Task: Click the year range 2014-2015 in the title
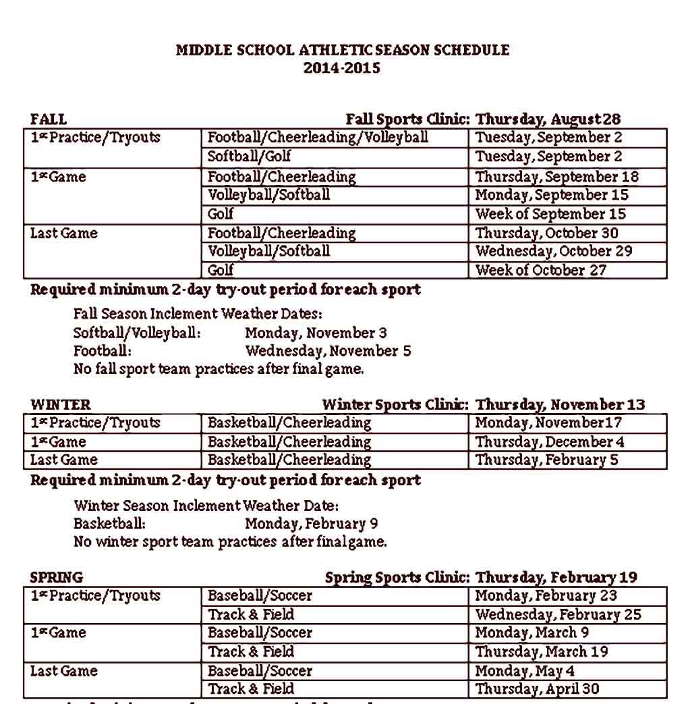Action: pos(341,68)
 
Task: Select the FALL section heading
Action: pos(49,119)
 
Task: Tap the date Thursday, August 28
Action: pos(548,119)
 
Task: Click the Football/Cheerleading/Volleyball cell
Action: pos(317,138)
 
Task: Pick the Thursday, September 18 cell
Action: pos(556,177)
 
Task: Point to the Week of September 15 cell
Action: pos(550,214)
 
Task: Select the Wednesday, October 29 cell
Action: pos(554,251)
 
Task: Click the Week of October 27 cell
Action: pos(541,270)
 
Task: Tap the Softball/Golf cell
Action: pos(249,157)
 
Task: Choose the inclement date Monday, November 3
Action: pos(316,333)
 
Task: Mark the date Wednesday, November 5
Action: pos(328,351)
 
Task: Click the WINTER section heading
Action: pos(60,405)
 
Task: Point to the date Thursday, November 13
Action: pos(560,405)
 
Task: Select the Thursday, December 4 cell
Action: pos(550,442)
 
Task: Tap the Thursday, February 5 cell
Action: pos(546,460)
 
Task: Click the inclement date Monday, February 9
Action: pos(311,524)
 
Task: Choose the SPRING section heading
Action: pos(57,578)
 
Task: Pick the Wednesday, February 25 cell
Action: pos(558,615)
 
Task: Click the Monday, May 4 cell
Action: pos(525,671)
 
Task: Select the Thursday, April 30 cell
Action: pos(537,689)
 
